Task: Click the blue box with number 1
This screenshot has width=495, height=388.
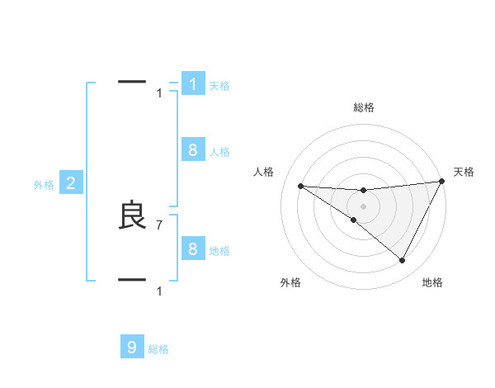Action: click(x=193, y=84)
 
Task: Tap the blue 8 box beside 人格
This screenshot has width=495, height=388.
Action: click(x=193, y=150)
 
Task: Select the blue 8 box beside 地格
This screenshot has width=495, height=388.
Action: click(x=193, y=249)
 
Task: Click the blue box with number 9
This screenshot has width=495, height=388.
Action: click(x=132, y=348)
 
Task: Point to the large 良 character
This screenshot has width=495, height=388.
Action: click(x=133, y=216)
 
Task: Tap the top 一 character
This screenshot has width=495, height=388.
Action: click(x=132, y=82)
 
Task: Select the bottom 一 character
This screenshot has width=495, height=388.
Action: click(x=132, y=280)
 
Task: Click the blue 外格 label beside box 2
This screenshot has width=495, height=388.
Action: click(x=44, y=185)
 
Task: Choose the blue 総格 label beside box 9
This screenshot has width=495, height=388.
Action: click(x=158, y=349)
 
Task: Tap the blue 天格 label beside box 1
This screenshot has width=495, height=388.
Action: click(x=219, y=86)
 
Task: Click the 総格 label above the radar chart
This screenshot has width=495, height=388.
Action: click(x=364, y=107)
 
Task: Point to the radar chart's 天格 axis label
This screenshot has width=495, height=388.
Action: click(x=464, y=172)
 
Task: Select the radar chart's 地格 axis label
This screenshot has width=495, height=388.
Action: click(x=432, y=282)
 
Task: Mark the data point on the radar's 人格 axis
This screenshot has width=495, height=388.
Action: click(x=300, y=186)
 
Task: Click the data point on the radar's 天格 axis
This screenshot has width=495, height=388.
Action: click(x=442, y=182)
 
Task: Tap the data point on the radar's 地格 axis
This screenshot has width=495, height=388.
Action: click(x=403, y=261)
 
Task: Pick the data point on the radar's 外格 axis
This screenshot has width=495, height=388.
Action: click(x=354, y=220)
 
